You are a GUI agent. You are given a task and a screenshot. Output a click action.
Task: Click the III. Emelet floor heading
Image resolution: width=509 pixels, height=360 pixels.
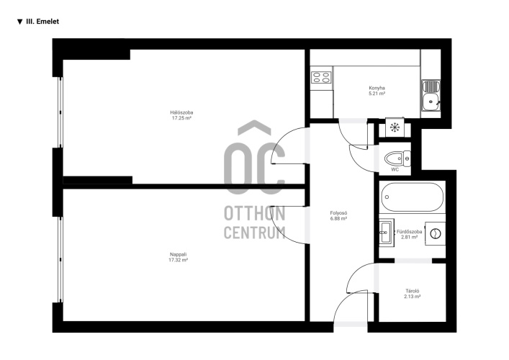pyautogui.click(x=42, y=22)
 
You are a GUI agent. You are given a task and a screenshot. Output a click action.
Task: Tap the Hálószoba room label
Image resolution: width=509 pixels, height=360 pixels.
pyautogui.click(x=181, y=112)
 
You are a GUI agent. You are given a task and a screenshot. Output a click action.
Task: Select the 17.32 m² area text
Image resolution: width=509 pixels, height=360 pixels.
pyautogui.click(x=179, y=260)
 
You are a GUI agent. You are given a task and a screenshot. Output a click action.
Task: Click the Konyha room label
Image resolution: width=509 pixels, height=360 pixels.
pyautogui.click(x=377, y=88)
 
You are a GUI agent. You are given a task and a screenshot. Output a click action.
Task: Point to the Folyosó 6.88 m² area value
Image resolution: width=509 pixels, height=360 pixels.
pyautogui.click(x=338, y=219)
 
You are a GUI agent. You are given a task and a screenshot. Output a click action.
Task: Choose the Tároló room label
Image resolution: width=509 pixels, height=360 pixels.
pyautogui.click(x=413, y=291)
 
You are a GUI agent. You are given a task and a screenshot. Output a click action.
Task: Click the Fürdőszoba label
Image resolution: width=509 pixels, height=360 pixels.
pyautogui.click(x=410, y=232)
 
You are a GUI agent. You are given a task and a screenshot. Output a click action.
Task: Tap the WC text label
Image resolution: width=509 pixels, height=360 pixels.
pyautogui.click(x=395, y=169)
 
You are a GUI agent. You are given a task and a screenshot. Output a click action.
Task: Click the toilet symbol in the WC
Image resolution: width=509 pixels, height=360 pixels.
pyautogui.click(x=397, y=158)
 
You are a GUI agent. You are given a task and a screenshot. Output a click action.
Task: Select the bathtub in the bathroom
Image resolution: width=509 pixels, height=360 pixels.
pyautogui.click(x=413, y=197)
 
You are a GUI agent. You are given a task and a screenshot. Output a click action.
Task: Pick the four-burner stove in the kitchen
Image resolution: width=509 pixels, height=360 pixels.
pyautogui.click(x=321, y=78)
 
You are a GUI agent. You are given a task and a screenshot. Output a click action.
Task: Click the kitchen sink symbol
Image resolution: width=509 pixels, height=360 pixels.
pyautogui.click(x=431, y=95)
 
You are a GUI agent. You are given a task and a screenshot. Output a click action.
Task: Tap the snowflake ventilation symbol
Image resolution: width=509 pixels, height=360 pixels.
pyautogui.click(x=395, y=127)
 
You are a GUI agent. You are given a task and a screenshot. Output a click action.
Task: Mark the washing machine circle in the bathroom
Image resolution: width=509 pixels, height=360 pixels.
pyautogui.click(x=436, y=233)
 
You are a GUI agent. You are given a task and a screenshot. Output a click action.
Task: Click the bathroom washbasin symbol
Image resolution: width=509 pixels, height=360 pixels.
pyautogui.click(x=387, y=233)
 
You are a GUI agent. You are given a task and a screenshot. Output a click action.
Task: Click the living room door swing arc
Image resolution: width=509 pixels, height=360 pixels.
pyautogui.click(x=278, y=232)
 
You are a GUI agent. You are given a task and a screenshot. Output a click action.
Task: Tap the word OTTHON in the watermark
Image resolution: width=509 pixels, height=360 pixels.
pyautogui.click(x=255, y=213)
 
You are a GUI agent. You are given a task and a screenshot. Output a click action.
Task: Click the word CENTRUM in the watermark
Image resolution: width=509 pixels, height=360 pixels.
pyautogui.click(x=255, y=233)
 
